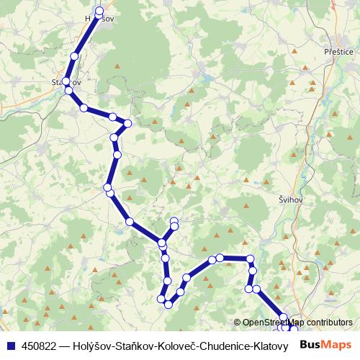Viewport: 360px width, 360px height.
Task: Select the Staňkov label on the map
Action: (x=66, y=82)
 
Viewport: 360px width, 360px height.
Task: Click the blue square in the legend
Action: (x=9, y=345)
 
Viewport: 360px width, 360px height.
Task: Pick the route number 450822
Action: (x=35, y=345)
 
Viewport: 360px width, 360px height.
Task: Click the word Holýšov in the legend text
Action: (x=92, y=345)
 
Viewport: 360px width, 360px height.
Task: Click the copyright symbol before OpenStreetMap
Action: (x=238, y=323)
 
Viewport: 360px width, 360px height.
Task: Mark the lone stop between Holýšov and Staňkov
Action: (x=74, y=56)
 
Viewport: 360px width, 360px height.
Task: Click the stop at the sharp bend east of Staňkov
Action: (x=128, y=123)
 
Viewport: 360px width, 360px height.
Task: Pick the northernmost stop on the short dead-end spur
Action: (x=174, y=220)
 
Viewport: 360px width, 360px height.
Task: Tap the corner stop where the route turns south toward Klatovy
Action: (x=250, y=258)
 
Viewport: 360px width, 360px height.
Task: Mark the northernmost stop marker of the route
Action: (x=99, y=10)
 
